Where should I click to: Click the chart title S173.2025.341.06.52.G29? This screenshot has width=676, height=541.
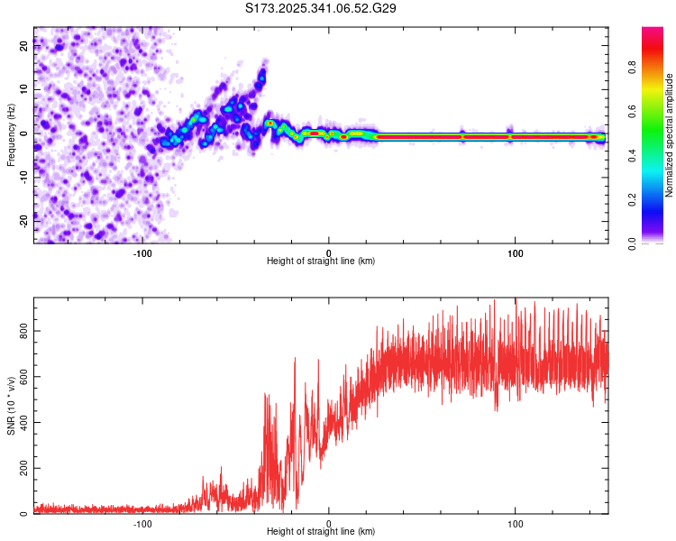[x=321, y=8]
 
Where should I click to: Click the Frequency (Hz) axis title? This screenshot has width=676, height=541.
[x=11, y=134]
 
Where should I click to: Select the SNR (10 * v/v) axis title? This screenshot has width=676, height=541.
[x=11, y=405]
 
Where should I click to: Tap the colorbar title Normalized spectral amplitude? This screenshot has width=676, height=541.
[x=669, y=134]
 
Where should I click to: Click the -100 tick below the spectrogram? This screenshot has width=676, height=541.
[x=142, y=252]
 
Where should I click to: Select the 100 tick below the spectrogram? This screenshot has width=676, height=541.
[x=516, y=252]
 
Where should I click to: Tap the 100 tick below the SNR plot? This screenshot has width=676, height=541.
[x=516, y=523]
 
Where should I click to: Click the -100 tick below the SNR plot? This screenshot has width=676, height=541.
[x=142, y=523]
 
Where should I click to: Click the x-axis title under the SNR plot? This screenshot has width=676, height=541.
[x=321, y=532]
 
